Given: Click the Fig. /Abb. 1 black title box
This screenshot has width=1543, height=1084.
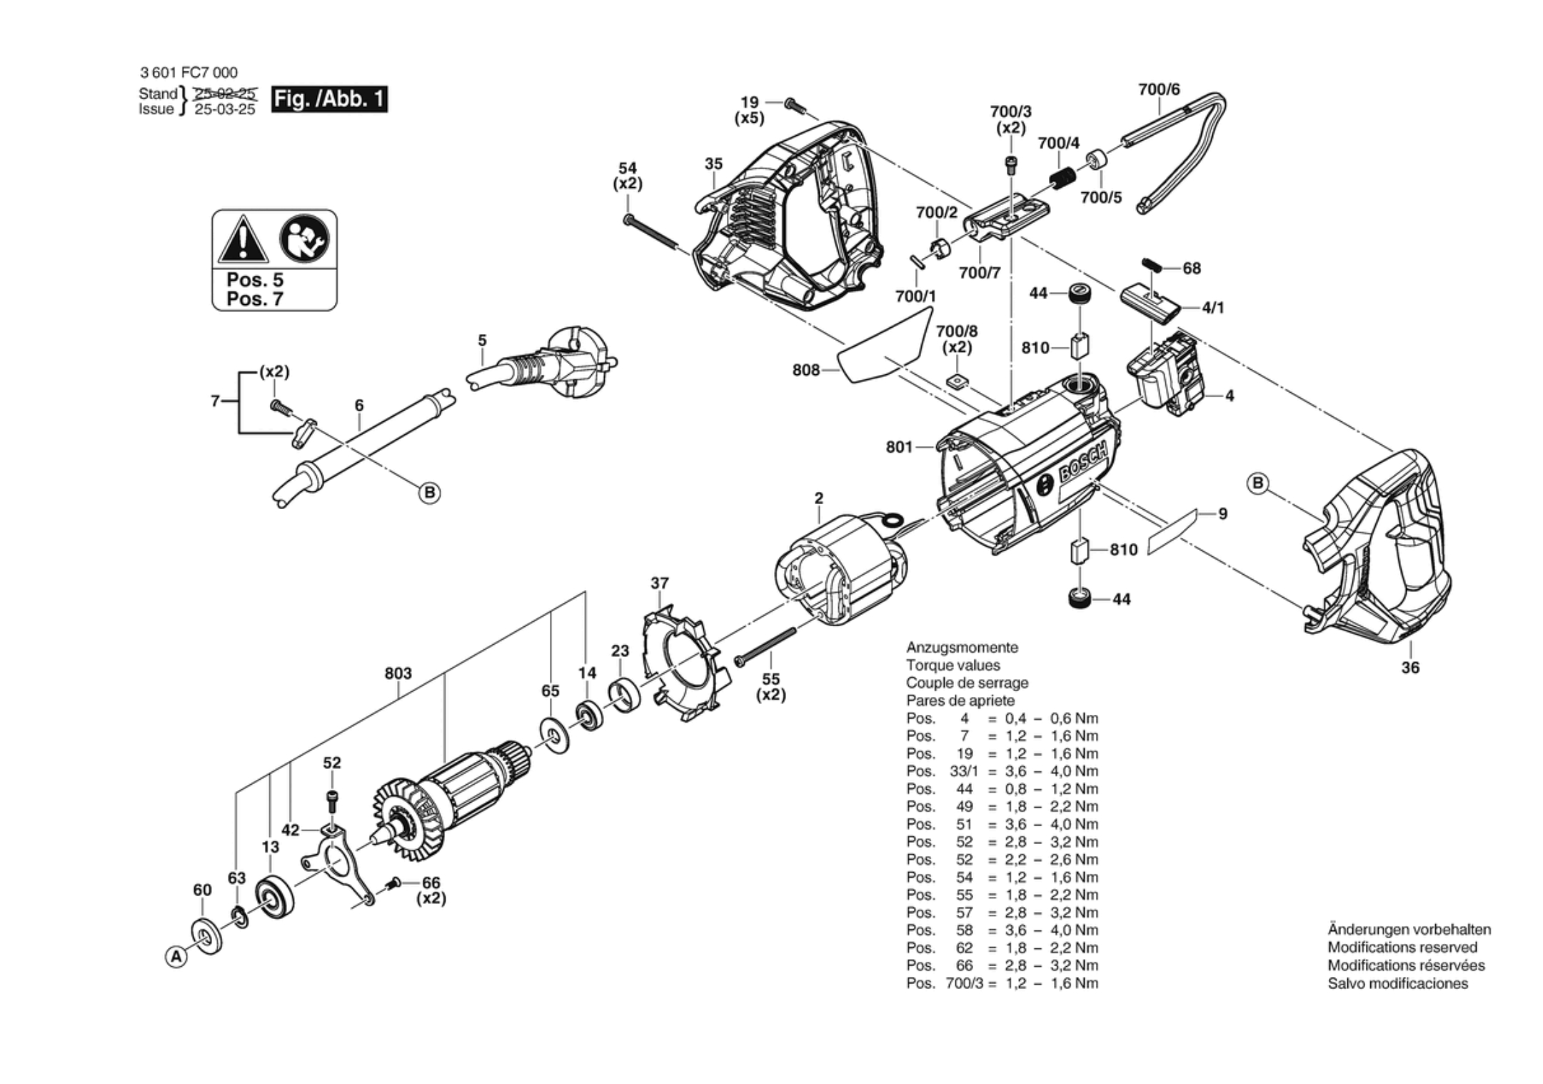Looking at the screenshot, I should [x=329, y=99].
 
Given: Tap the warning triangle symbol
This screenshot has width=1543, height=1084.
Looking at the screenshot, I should [x=243, y=240].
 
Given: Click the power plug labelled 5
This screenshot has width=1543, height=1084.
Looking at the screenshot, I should [x=564, y=362].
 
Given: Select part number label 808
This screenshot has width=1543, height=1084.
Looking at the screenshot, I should [x=805, y=370].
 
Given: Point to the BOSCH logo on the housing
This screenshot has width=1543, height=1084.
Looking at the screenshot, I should [x=1083, y=463].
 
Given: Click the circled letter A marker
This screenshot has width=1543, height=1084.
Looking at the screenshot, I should [x=176, y=956].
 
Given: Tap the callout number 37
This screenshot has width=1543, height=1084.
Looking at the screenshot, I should [x=659, y=583].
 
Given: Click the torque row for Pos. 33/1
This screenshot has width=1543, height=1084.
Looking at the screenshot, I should [x=1002, y=771].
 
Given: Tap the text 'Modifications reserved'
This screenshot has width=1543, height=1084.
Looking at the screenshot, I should [x=1402, y=948].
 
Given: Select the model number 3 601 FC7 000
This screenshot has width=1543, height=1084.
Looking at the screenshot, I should [x=189, y=72].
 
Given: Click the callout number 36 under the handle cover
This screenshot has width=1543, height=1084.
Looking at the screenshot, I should [x=1410, y=668].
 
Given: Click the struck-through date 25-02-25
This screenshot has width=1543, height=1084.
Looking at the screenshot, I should [x=225, y=94].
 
